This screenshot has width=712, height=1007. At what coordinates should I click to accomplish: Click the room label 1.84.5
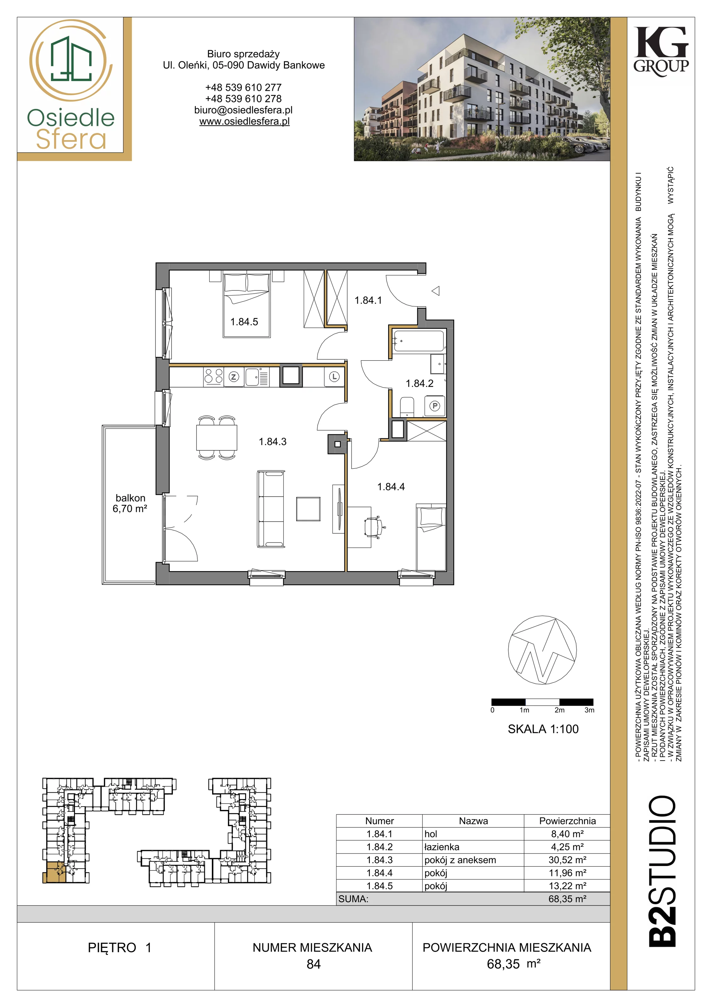[x=244, y=322]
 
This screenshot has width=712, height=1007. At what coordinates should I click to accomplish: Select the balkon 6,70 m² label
[x=130, y=503]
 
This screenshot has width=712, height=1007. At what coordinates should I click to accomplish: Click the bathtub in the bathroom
[x=419, y=341]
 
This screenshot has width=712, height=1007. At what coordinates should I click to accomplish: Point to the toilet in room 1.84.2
[x=407, y=407]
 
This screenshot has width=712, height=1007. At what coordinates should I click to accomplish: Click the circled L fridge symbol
[x=334, y=377]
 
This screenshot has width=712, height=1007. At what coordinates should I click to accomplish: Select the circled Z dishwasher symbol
[x=234, y=377]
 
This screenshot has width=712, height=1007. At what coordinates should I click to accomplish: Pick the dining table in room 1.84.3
[x=217, y=437]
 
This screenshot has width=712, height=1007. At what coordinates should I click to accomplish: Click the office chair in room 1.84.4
[x=374, y=526]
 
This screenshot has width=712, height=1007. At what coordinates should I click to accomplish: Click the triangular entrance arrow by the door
[x=436, y=290]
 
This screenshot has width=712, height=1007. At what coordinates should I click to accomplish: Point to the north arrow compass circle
[x=542, y=650]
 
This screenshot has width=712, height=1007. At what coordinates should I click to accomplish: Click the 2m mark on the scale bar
[x=559, y=710]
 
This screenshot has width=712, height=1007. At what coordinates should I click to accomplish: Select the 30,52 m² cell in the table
[x=567, y=860]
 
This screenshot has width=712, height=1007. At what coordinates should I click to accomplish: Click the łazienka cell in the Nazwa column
[x=442, y=847]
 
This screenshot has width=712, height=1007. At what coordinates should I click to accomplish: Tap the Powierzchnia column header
[x=567, y=821]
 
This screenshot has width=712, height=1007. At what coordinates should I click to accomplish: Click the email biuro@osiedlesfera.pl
[x=244, y=110]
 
